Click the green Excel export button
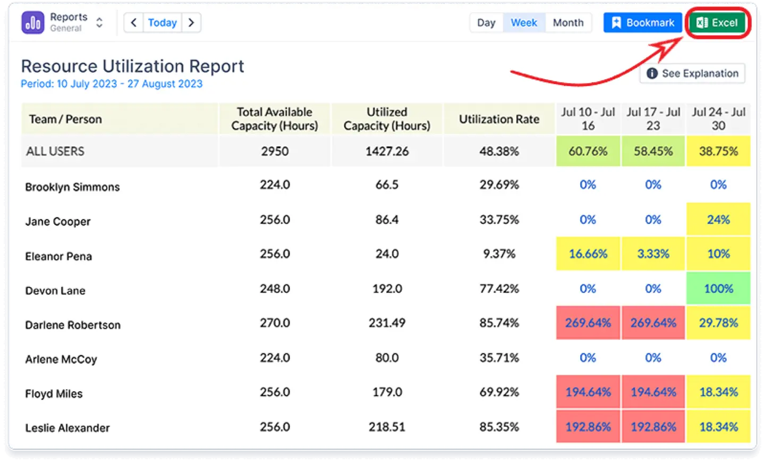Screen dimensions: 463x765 [717, 23]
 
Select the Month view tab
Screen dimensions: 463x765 [568, 23]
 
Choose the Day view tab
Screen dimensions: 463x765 [486, 23]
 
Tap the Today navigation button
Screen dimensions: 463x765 [162, 23]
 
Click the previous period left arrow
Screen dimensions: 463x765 [134, 23]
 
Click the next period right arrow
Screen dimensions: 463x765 [191, 23]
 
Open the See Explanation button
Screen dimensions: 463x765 [693, 73]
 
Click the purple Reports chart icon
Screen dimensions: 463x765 [33, 23]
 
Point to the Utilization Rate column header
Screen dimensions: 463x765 [499, 119]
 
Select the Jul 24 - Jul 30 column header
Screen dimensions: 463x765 [718, 119]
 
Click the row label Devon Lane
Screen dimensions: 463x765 [55, 291]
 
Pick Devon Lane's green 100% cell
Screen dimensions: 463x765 [718, 289]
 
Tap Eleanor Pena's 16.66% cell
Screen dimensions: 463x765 [588, 254]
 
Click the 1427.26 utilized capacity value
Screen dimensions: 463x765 [387, 151]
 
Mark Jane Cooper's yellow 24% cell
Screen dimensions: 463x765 [718, 220]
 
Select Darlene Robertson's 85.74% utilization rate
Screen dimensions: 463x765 [499, 323]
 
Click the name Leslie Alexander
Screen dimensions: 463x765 [67, 428]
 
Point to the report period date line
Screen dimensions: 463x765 [112, 84]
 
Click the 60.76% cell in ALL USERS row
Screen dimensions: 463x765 [588, 151]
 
